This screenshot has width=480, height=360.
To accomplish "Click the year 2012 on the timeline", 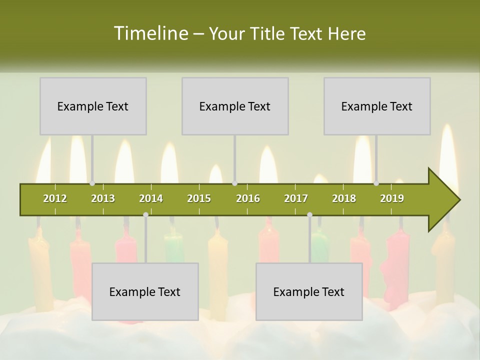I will [x=55, y=198].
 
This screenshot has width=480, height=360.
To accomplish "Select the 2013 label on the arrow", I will [x=103, y=198].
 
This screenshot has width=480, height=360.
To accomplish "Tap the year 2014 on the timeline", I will [x=151, y=198].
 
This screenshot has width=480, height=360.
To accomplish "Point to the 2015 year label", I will [x=199, y=198].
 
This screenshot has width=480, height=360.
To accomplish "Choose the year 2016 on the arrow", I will [x=248, y=198].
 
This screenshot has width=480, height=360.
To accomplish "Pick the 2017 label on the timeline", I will [x=296, y=198].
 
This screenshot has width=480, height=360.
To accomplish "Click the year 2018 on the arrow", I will [x=344, y=198].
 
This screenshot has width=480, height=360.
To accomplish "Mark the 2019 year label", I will [x=392, y=198].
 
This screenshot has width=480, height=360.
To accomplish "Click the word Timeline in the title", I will [x=150, y=33].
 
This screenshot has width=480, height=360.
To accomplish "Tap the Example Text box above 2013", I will [x=93, y=106].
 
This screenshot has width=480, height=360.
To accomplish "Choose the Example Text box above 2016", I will [x=235, y=106].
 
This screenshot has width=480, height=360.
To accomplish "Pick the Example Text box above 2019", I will [x=377, y=106].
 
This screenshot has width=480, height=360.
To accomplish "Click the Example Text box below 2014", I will [x=145, y=291].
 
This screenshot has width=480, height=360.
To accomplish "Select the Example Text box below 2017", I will [x=309, y=291].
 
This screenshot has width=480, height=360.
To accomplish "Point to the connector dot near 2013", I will [x=92, y=183].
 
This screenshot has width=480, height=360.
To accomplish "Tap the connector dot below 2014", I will [x=145, y=215].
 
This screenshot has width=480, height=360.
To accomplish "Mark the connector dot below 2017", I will [x=309, y=215].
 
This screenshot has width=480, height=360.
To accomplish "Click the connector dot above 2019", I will [x=376, y=183].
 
